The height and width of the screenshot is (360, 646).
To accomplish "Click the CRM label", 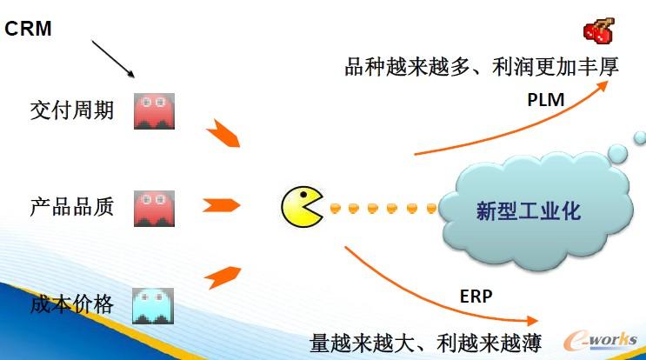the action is tap(28, 29).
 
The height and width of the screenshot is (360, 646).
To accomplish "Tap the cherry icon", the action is tap(599, 30).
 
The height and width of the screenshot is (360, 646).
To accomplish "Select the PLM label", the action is tap(546, 100).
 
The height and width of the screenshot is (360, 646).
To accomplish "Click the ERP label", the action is tap(476, 297).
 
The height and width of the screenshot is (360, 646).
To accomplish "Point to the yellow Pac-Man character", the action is tap(302, 207).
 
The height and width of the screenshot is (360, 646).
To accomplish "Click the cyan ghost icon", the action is tap(153, 306).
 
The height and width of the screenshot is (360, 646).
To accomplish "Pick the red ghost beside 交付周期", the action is tap(154, 111).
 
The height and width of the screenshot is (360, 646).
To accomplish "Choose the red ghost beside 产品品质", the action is tap(154, 209).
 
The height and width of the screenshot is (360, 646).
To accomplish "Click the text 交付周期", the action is tap(71, 110).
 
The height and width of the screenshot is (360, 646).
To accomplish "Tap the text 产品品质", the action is tap(71, 207).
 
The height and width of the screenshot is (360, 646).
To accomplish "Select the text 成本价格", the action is tap(71, 305).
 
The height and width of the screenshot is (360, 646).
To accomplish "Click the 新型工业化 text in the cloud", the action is tap(529, 211).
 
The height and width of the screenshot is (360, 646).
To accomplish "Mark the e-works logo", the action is tap(601, 341).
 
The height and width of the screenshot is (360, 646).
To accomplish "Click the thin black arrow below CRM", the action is tap(113, 59).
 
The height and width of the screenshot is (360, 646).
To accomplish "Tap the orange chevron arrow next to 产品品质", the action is tap(221, 205).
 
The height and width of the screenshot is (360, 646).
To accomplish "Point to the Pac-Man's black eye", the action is tap(303, 195).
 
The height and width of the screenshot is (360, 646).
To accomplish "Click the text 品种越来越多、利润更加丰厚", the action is tap(482, 67).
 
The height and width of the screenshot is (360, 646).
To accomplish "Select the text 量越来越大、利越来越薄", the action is tap(425, 343).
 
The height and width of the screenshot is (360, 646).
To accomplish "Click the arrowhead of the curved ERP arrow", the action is tap(534, 321).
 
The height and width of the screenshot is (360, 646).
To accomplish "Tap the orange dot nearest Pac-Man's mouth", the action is tap(336, 208).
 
